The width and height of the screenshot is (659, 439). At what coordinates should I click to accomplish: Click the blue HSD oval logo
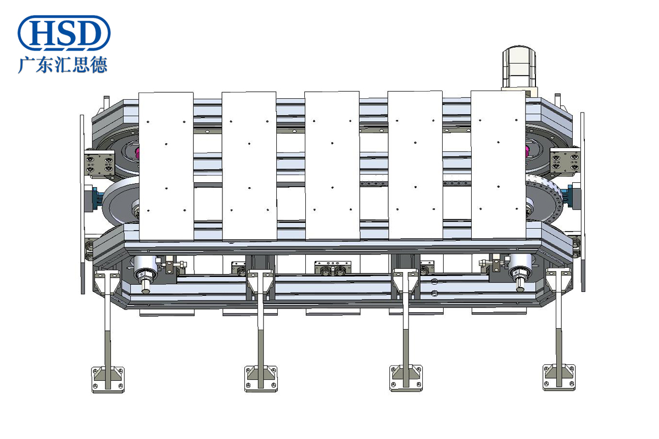[64, 33]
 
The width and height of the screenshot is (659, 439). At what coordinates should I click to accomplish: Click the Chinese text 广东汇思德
[63, 65]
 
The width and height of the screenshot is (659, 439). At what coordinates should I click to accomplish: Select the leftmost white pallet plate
[166, 166]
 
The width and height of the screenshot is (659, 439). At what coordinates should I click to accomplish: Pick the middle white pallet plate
[332, 166]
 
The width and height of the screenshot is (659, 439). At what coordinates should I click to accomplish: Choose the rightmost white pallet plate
[499, 165]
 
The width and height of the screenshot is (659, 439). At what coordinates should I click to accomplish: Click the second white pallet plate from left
[249, 166]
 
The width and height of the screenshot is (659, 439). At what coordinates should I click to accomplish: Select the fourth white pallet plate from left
[415, 165]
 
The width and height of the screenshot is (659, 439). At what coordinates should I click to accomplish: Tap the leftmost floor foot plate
[108, 379]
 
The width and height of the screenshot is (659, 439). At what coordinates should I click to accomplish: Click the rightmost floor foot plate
[559, 378]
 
